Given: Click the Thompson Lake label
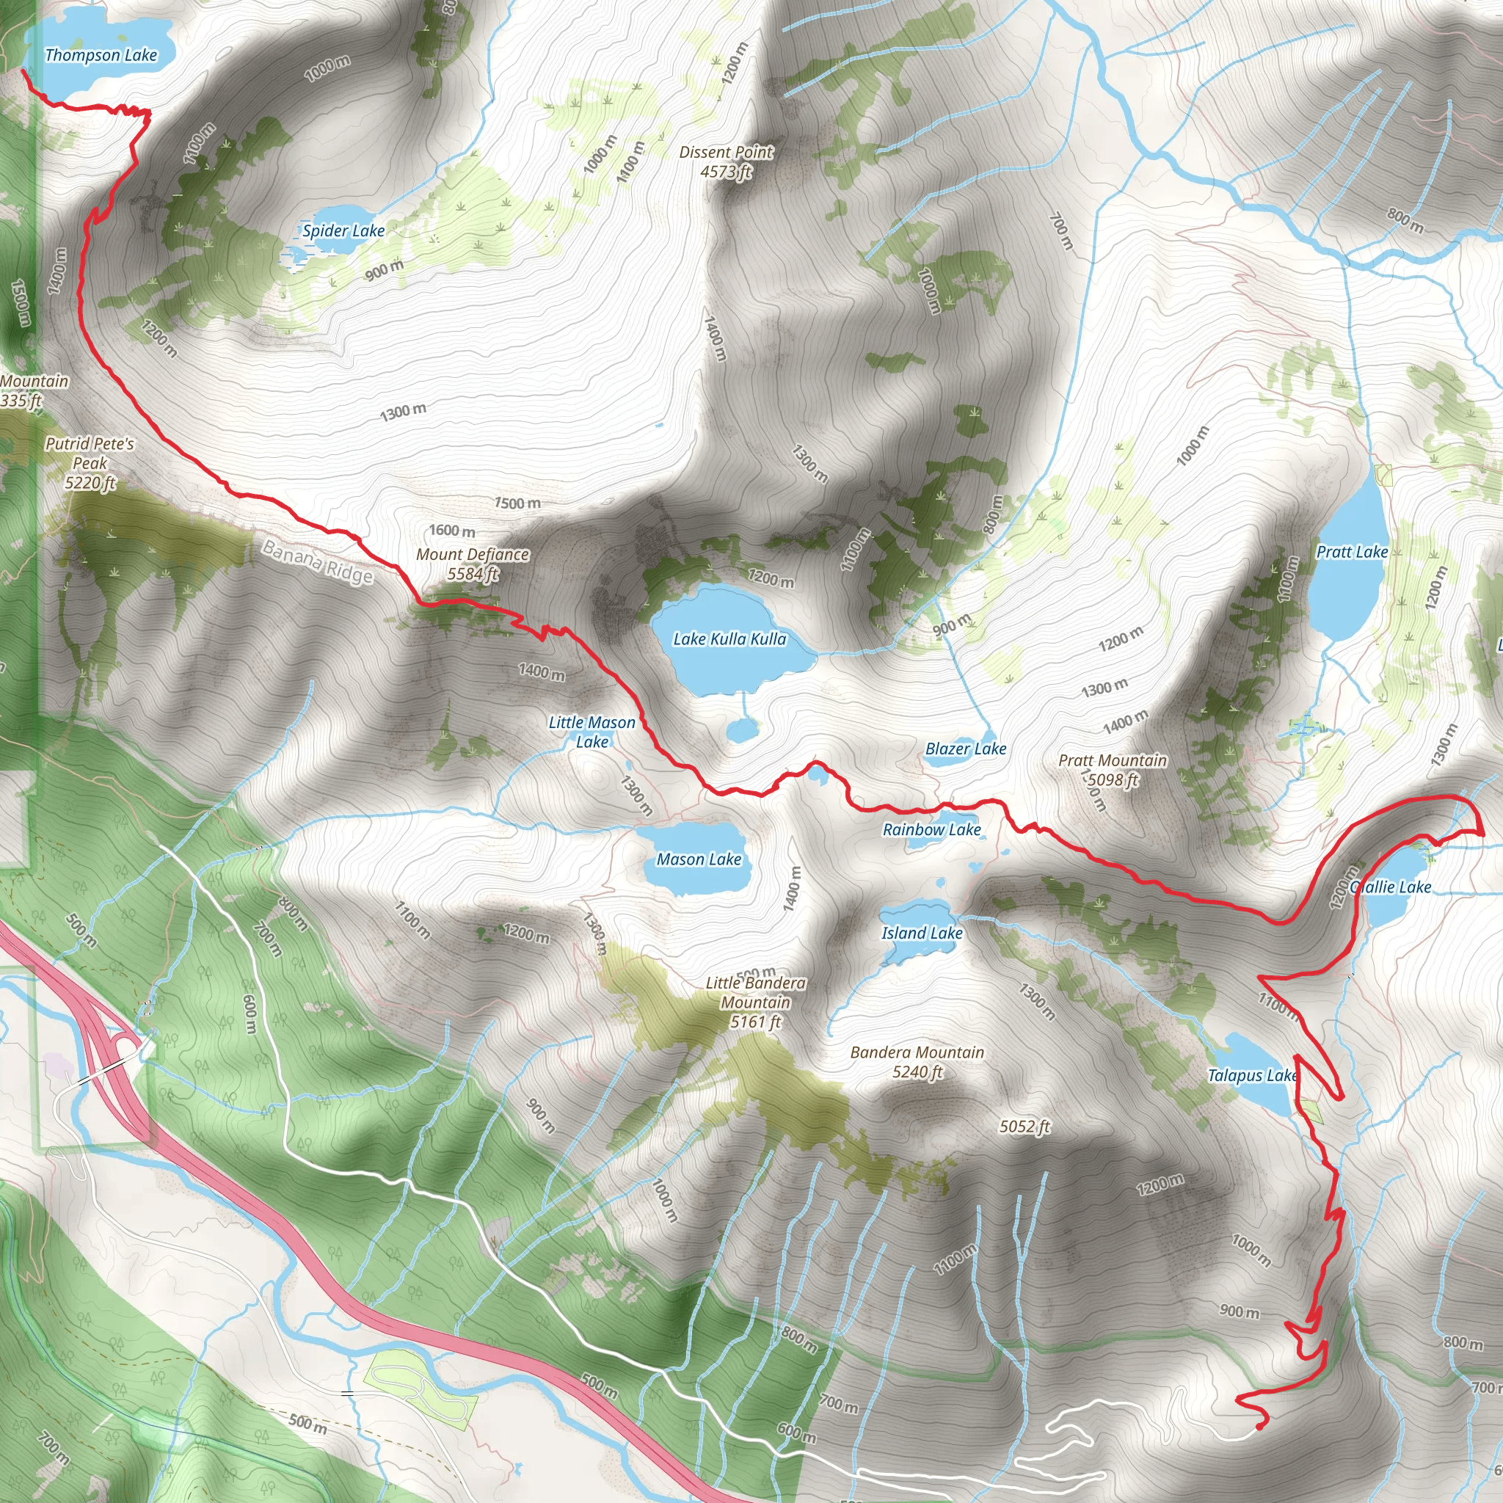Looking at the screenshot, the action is coord(101,55).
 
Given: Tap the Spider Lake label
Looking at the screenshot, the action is coord(343,231).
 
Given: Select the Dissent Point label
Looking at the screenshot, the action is coord(726,161).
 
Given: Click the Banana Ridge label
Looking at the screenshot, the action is coord(317,561).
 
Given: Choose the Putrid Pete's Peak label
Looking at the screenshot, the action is coord(90,463).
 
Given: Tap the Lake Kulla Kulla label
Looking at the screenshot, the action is coord(729,639).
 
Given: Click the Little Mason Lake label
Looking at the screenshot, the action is coord(592,732).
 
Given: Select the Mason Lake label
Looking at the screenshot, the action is coord(699,859).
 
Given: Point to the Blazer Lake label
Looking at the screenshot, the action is coord(966,749).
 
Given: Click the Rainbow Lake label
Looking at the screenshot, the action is coord(931,830).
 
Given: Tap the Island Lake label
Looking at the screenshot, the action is coord(922,934).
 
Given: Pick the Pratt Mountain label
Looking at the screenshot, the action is coord(1113,770).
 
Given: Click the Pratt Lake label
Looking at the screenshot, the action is coord(1352,553).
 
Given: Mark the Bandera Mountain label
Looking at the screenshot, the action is coord(917,1062).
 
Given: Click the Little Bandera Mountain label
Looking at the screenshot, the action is coord(755,1002).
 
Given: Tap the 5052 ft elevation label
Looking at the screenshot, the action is coord(1025,1127).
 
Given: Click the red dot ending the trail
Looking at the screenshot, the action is coord(1259,1427).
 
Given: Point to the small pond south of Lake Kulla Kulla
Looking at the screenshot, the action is coord(742,729).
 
